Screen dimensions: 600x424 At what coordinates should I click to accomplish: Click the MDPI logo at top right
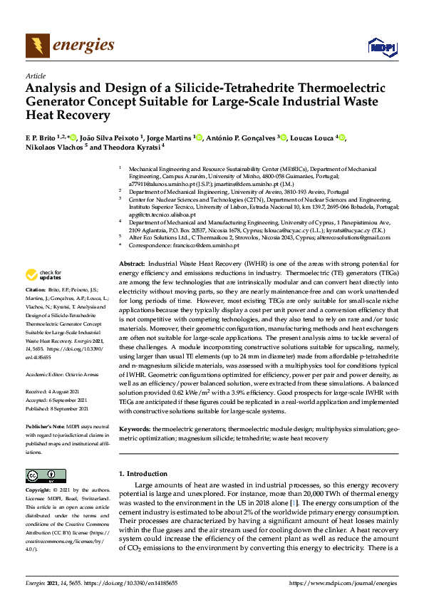[x=381, y=47]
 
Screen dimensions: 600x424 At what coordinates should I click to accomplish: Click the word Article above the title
[x=35, y=76]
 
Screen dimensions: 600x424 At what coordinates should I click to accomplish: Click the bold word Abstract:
[x=131, y=264]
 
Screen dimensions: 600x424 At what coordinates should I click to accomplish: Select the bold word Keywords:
[x=134, y=429]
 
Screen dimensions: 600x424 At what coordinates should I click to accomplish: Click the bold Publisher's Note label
[x=46, y=426]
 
